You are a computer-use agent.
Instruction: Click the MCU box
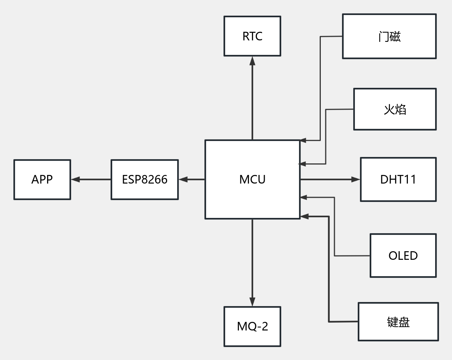click(x=252, y=179)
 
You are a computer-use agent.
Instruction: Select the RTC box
click(x=252, y=36)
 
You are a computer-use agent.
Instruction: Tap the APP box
click(x=42, y=179)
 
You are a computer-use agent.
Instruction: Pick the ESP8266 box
click(x=145, y=179)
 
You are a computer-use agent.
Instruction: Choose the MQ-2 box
click(x=252, y=326)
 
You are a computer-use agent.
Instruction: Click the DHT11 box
click(x=398, y=179)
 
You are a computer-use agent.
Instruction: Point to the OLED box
click(x=403, y=256)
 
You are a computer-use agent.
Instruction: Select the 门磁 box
click(x=389, y=37)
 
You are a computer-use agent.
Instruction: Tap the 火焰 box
click(x=395, y=109)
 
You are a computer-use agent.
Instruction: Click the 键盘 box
click(x=398, y=322)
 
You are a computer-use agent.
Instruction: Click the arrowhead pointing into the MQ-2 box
click(x=252, y=302)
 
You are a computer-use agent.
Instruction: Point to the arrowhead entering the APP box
click(x=75, y=179)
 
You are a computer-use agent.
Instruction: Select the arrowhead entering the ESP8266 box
click(x=183, y=179)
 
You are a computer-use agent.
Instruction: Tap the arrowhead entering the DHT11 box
click(x=356, y=179)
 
